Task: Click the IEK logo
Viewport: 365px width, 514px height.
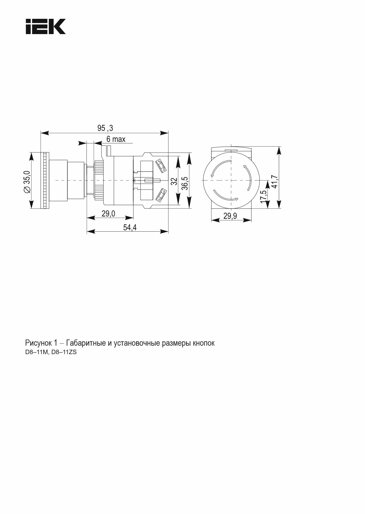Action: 46,27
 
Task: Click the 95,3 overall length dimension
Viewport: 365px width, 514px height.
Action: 105,128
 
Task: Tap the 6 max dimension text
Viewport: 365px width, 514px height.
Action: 116,139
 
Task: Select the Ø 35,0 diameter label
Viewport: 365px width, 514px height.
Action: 27,181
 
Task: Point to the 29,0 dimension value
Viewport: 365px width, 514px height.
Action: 109,214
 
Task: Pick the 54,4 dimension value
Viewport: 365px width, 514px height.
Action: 130,227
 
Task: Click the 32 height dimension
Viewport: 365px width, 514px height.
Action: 174,181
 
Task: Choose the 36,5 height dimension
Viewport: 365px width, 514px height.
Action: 184,183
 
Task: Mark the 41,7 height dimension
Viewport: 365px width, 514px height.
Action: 274,182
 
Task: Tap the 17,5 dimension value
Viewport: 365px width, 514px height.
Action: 264,196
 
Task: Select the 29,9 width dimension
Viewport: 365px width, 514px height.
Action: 230,216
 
